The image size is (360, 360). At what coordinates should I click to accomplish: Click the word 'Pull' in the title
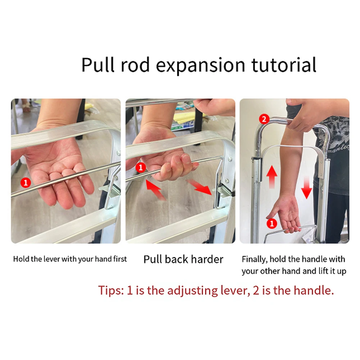click(96, 65)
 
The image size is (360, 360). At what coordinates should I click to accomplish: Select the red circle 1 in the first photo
click(25, 182)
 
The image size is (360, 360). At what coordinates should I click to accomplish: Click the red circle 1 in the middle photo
click(141, 167)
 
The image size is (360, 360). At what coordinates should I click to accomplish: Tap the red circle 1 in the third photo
click(272, 223)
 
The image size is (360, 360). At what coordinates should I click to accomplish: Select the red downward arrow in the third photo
click(306, 187)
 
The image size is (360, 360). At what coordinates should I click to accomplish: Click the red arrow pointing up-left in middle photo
click(155, 190)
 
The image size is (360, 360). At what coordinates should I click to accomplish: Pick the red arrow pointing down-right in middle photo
click(201, 187)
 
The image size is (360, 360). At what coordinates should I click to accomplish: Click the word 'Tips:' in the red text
click(111, 290)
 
